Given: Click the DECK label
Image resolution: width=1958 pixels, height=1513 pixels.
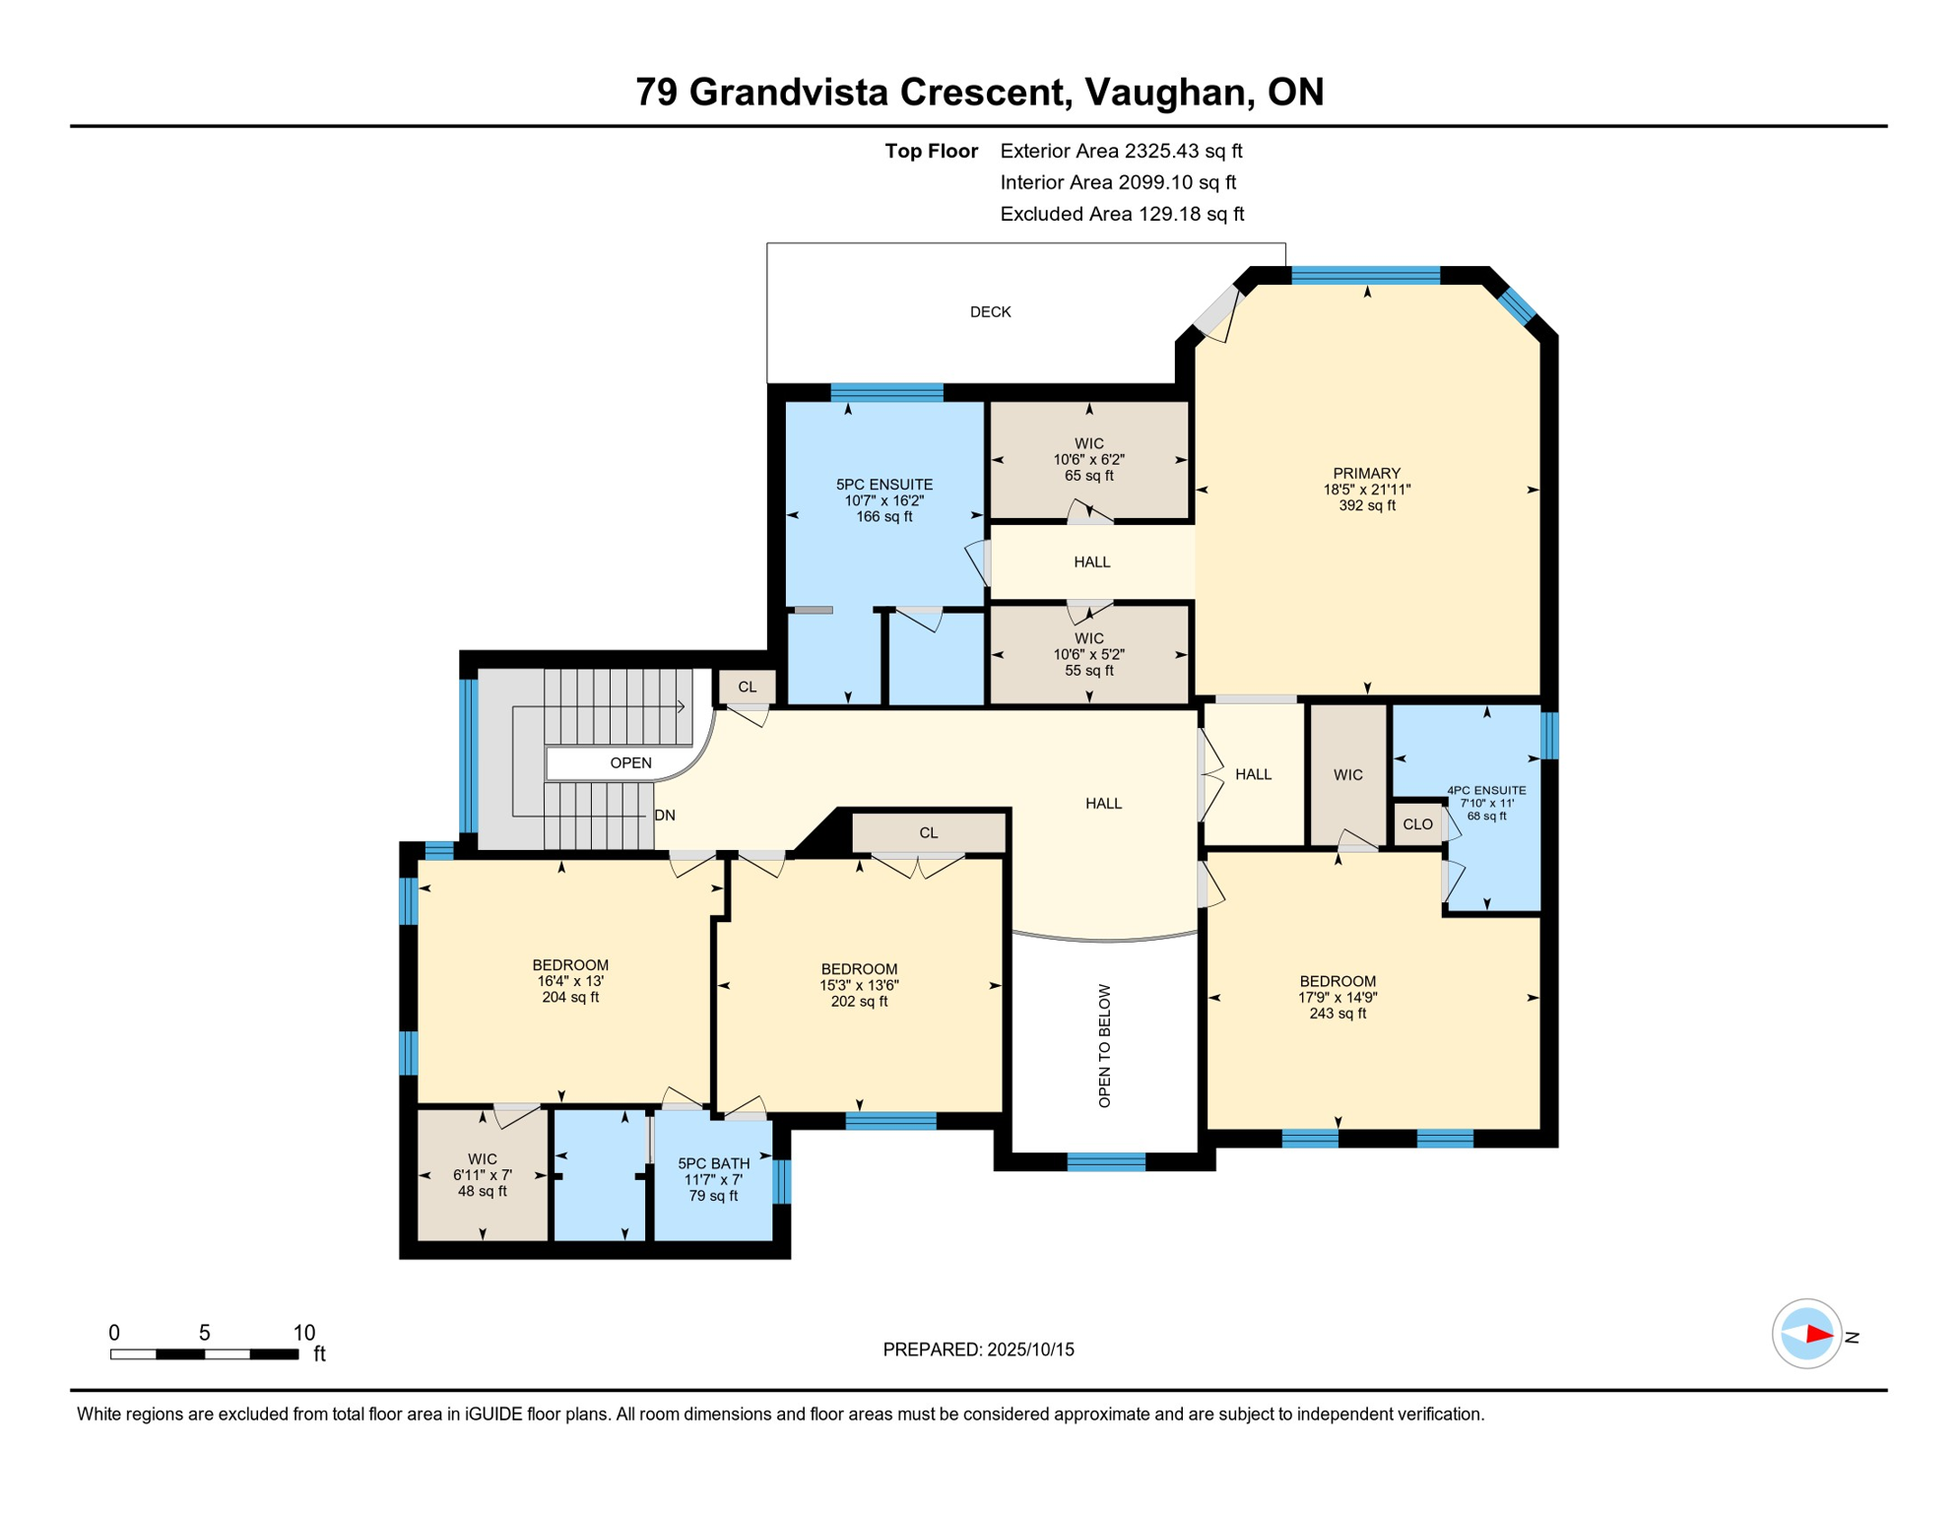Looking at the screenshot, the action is click(x=990, y=312).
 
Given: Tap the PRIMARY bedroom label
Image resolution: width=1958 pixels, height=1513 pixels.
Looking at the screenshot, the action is click(x=1366, y=474).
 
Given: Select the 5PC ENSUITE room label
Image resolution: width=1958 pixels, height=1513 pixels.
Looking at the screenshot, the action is click(x=883, y=485).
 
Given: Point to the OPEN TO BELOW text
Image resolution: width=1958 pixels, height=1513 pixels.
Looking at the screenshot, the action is click(x=1104, y=1045).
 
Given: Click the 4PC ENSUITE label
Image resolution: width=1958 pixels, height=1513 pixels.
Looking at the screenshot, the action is click(x=1486, y=790).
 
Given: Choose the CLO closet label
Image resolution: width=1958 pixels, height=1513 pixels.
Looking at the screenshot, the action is click(x=1417, y=824).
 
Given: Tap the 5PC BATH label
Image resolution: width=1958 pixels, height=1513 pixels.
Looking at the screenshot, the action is click(x=713, y=1163).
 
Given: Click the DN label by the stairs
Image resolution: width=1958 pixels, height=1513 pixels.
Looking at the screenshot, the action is click(x=665, y=816).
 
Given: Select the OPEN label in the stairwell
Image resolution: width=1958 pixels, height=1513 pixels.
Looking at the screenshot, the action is click(x=630, y=763).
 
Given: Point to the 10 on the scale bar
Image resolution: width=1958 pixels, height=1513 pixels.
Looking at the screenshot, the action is click(x=304, y=1333).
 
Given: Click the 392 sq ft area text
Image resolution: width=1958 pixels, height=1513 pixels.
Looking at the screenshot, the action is click(x=1366, y=506).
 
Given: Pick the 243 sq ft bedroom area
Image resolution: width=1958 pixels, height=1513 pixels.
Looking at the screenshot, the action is click(x=1337, y=1014).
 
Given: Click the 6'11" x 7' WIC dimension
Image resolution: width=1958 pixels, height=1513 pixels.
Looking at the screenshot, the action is click(x=482, y=1175).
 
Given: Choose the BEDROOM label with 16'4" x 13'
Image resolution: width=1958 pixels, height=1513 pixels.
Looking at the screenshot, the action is click(x=570, y=965).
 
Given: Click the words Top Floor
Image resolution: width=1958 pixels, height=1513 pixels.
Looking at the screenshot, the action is click(x=931, y=151).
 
